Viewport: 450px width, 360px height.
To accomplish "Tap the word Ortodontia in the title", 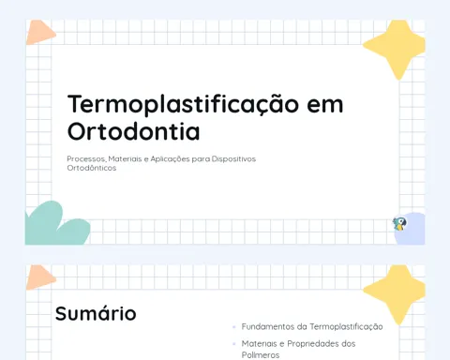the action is [x=133, y=131].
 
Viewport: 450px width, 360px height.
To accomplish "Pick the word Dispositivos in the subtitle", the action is [x=233, y=159].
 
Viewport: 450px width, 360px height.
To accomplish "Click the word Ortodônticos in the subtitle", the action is [x=92, y=168].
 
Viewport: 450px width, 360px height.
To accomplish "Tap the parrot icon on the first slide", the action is [x=399, y=224].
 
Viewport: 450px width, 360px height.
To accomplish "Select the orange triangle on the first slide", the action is [x=39, y=33].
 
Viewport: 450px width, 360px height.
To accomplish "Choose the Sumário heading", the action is [x=96, y=313].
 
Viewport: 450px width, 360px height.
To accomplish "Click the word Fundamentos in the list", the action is [x=268, y=326].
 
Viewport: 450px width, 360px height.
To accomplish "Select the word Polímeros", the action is [x=261, y=355].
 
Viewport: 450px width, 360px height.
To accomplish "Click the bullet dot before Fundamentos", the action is [x=234, y=327].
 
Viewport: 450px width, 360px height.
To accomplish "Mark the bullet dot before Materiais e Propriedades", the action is [x=234, y=344].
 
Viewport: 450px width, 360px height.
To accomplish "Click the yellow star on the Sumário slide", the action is [x=396, y=293].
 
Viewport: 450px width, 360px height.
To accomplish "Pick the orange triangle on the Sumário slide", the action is [x=39, y=277].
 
